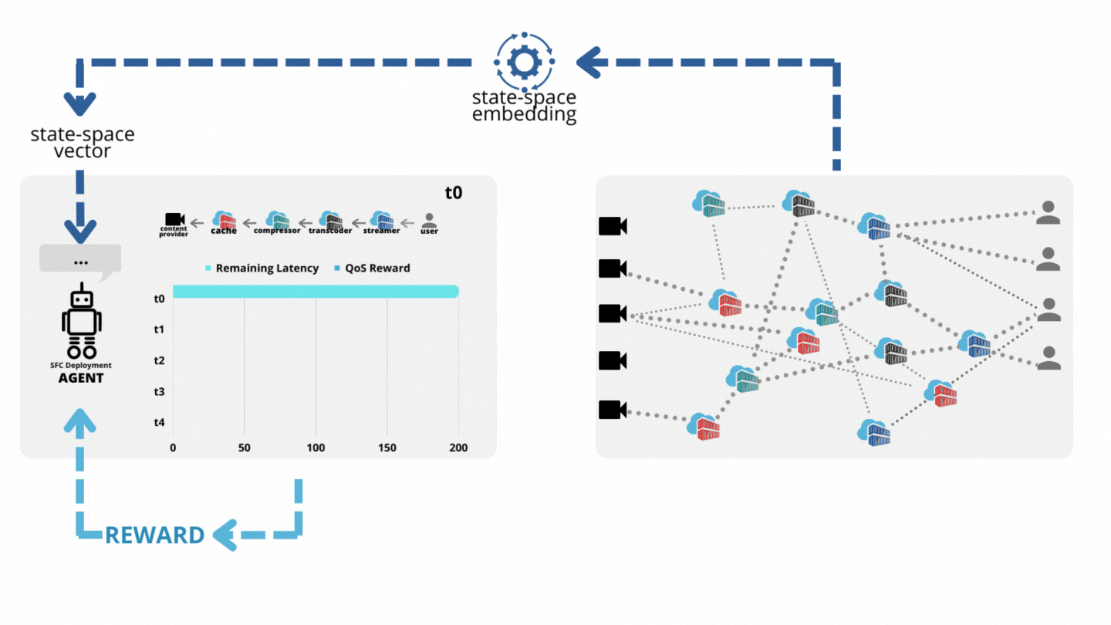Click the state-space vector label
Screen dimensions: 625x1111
click(x=82, y=142)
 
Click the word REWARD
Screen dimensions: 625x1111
click(x=155, y=535)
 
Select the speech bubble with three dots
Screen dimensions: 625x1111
click(x=80, y=262)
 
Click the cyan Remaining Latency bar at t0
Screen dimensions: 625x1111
click(x=316, y=291)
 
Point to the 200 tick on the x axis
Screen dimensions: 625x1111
click(x=458, y=448)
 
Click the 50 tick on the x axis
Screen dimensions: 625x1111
click(x=244, y=448)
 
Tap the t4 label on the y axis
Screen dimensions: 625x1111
click(x=159, y=422)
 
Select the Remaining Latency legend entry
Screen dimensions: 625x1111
click(x=262, y=269)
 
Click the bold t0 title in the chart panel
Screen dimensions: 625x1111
click(x=454, y=192)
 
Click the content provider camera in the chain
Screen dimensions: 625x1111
click(x=174, y=221)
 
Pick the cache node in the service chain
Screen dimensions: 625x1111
click(x=224, y=221)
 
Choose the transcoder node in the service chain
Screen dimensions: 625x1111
click(x=330, y=221)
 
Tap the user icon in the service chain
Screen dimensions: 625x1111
click(x=430, y=221)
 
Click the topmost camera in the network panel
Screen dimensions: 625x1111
click(x=613, y=226)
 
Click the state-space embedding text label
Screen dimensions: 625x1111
click(x=524, y=106)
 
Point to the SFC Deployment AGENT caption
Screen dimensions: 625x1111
click(x=81, y=372)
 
